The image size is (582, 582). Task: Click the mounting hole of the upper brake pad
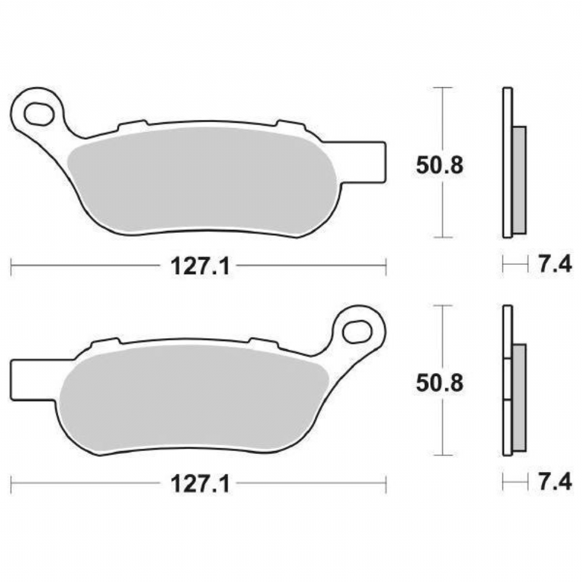(38, 114)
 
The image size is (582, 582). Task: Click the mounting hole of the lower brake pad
(357, 332)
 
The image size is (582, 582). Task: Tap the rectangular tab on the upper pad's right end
(365, 162)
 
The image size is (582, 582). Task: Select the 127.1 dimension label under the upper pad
(200, 266)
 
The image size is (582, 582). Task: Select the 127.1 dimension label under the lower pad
(200, 484)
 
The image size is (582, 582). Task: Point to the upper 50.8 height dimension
(439, 165)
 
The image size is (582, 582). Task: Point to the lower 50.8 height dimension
(439, 383)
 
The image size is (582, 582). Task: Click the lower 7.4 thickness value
(555, 482)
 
